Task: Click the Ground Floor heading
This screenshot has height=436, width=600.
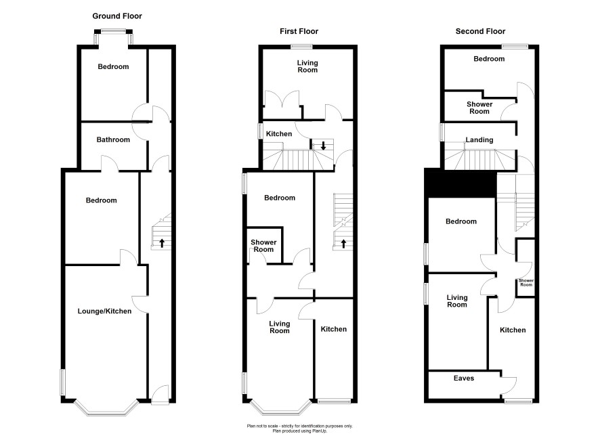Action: coord(117,16)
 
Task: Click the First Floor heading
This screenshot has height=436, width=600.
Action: coord(299,31)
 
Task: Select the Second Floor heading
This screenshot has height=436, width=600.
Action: coord(480,31)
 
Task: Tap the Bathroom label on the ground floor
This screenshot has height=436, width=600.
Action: coord(113,139)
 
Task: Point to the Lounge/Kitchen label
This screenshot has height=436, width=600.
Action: coord(104,311)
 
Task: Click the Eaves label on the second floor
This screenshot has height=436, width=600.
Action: coord(464,378)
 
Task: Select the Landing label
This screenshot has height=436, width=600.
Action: coord(479,140)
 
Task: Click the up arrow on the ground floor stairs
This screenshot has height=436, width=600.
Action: coord(162,243)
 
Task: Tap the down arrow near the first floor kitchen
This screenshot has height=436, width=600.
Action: coord(323,146)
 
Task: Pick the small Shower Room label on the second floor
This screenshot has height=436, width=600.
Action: coord(526,282)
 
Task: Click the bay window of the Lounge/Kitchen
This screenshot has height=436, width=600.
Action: coord(105,408)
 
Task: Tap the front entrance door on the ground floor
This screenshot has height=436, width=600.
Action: coord(160,394)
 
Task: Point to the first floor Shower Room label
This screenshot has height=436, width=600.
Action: coord(263,246)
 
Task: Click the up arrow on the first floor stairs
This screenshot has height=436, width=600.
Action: coord(343,243)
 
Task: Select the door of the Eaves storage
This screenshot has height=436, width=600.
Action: coord(509,385)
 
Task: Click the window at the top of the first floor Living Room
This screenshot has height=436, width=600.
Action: coord(301,47)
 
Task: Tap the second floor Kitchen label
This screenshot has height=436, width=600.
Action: coord(513,330)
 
